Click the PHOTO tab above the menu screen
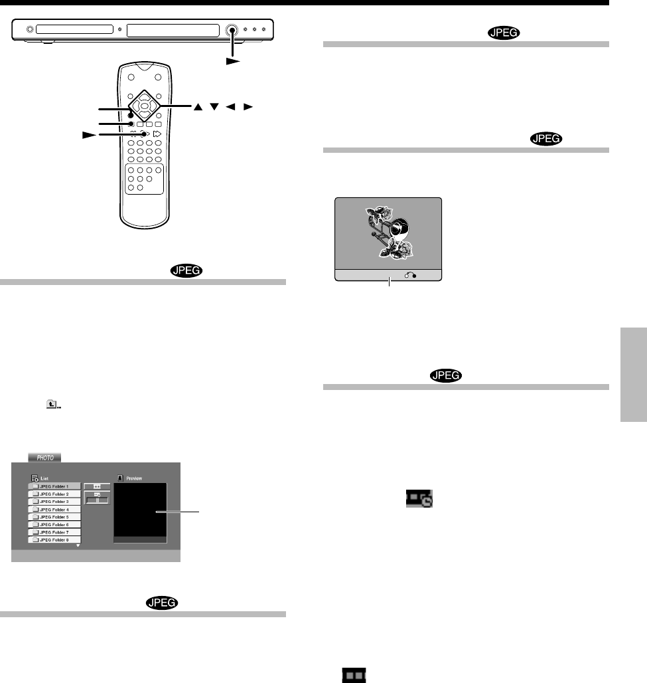[44, 457]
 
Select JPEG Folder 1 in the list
[55, 486]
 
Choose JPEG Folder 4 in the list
[55, 509]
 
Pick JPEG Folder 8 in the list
[55, 539]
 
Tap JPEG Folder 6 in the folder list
[55, 524]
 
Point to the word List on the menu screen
[45, 478]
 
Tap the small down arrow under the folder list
[78, 546]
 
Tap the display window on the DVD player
[172, 30]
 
